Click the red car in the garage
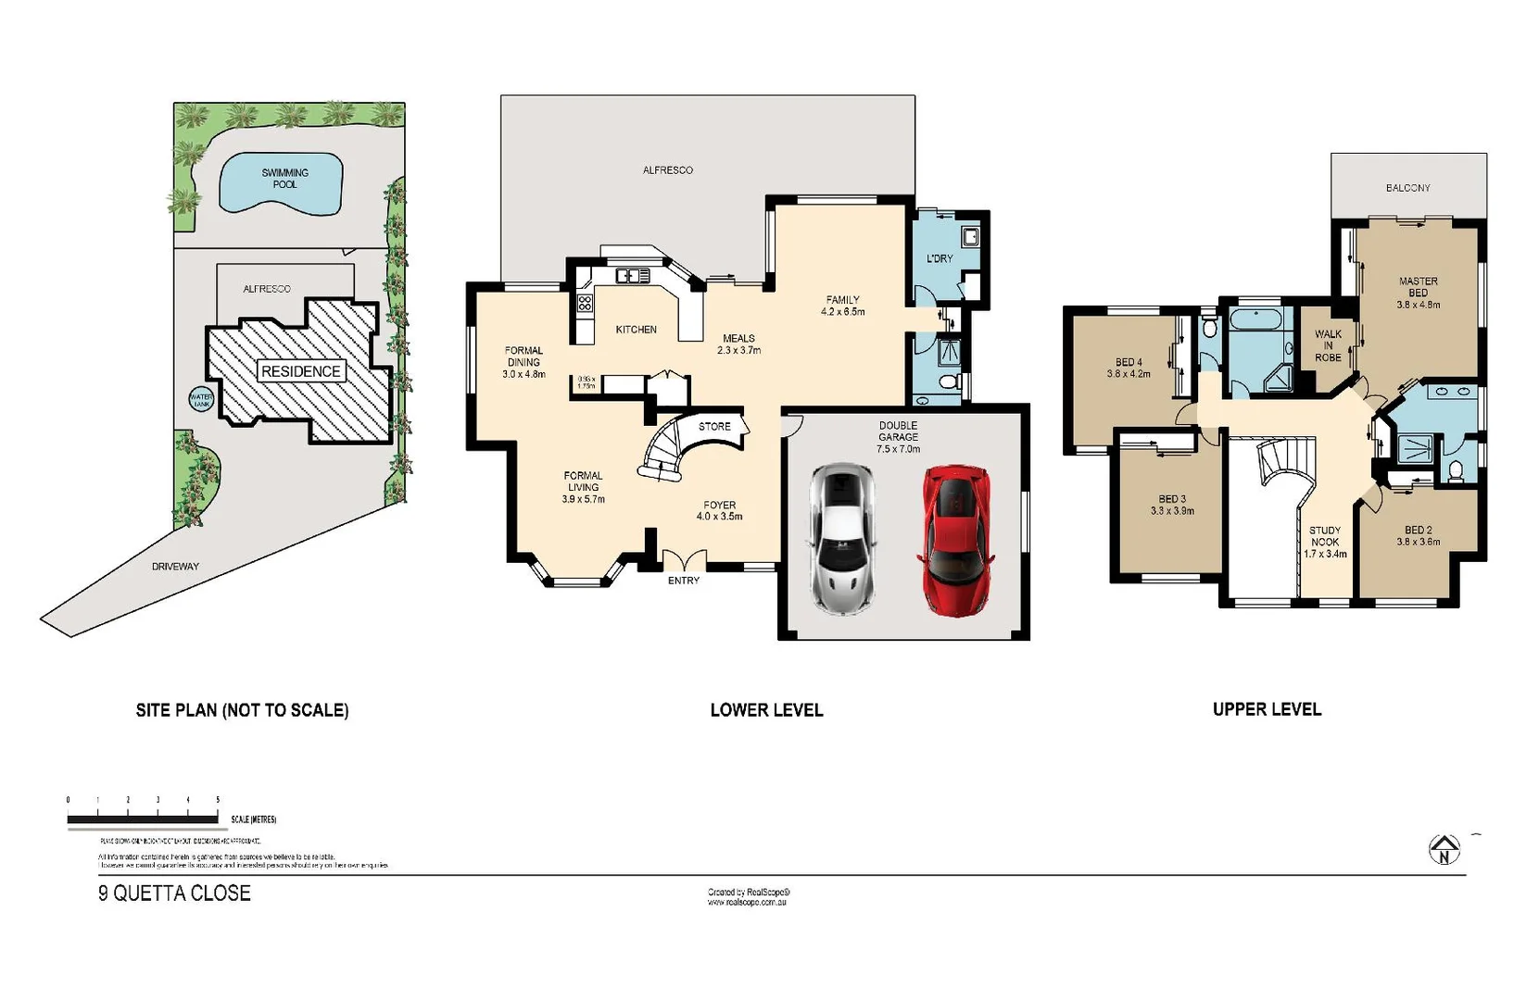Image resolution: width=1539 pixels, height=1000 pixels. (x=955, y=540)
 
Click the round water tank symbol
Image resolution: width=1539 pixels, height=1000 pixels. (x=201, y=400)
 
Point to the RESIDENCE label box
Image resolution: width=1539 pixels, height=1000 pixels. (x=301, y=371)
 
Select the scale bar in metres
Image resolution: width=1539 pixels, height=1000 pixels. (x=143, y=819)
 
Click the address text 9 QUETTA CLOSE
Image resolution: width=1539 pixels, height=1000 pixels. (x=174, y=894)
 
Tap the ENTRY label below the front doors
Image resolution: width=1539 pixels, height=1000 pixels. (x=684, y=581)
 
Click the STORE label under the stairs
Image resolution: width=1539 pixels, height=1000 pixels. (x=714, y=427)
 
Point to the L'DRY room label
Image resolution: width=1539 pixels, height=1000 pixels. (x=940, y=258)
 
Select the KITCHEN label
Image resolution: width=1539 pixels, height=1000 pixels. (x=636, y=330)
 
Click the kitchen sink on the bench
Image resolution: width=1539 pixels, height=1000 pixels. (x=633, y=276)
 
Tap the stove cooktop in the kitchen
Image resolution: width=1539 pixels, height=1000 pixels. (x=585, y=303)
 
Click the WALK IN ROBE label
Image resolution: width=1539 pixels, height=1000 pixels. (x=1328, y=345)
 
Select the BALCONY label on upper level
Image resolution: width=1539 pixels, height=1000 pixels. (x=1407, y=188)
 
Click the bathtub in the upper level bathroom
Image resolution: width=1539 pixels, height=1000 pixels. (x=1256, y=321)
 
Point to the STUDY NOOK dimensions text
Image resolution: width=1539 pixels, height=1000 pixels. (x=1325, y=554)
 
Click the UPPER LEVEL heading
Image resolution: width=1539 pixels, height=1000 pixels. (x=1267, y=709)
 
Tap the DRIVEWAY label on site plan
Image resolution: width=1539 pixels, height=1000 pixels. (x=175, y=566)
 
